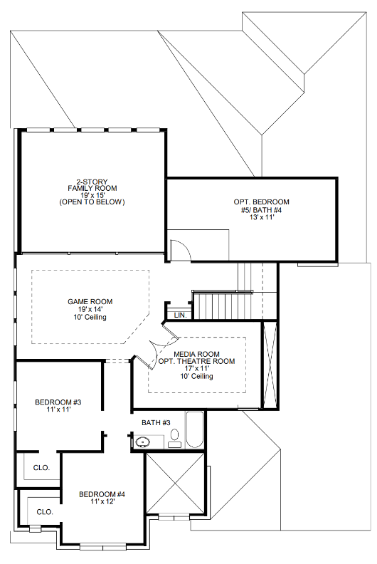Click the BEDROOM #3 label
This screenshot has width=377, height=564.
58,403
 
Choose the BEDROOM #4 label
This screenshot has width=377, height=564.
102,494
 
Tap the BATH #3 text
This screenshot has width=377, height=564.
156,423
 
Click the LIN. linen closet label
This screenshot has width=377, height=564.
179,314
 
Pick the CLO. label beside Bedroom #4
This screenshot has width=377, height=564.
44,511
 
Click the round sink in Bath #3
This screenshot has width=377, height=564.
144,442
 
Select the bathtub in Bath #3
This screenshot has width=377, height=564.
195,430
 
